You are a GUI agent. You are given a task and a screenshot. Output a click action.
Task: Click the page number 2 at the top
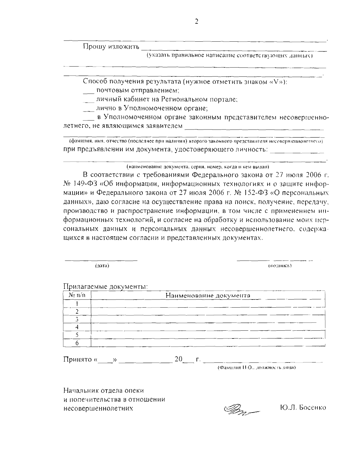point(197,21)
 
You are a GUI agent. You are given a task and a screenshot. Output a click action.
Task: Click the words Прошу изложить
point(111,47)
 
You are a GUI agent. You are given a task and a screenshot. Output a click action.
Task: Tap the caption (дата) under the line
point(102,266)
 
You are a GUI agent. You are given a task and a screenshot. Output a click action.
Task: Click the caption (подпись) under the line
point(280,266)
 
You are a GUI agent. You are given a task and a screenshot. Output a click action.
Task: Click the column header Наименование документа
point(208,295)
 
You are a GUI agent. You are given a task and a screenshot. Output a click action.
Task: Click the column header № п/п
point(77,295)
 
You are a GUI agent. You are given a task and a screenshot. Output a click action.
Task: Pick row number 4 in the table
point(77,327)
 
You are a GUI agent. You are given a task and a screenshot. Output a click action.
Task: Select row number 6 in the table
point(77,343)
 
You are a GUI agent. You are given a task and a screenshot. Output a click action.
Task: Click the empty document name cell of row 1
point(208,303)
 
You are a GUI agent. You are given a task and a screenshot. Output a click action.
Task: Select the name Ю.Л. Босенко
point(302,408)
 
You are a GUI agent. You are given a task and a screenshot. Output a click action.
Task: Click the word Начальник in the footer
point(81,391)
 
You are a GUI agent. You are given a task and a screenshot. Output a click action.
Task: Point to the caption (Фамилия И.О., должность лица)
point(256,367)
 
